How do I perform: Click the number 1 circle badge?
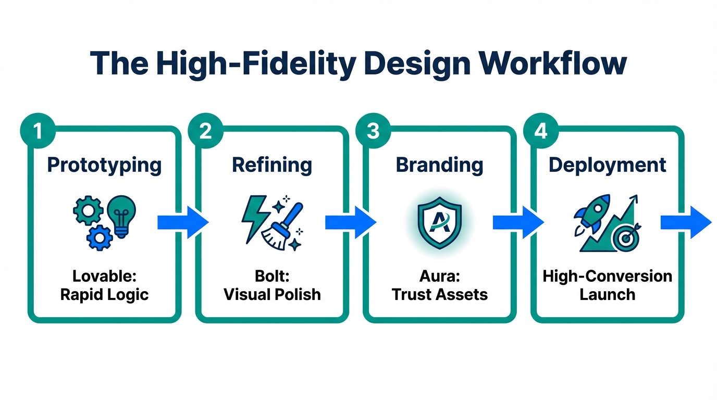[38, 131]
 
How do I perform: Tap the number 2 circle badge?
[205, 131]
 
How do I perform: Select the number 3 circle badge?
[373, 131]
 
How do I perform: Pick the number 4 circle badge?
[541, 131]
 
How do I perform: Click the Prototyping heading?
[104, 165]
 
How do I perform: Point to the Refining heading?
[272, 165]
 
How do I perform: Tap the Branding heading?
[439, 165]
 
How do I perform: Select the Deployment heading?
[608, 165]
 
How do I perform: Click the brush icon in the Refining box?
[285, 226]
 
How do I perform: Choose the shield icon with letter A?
[440, 223]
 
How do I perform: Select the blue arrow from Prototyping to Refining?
[183, 223]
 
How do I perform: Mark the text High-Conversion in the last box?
[608, 276]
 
